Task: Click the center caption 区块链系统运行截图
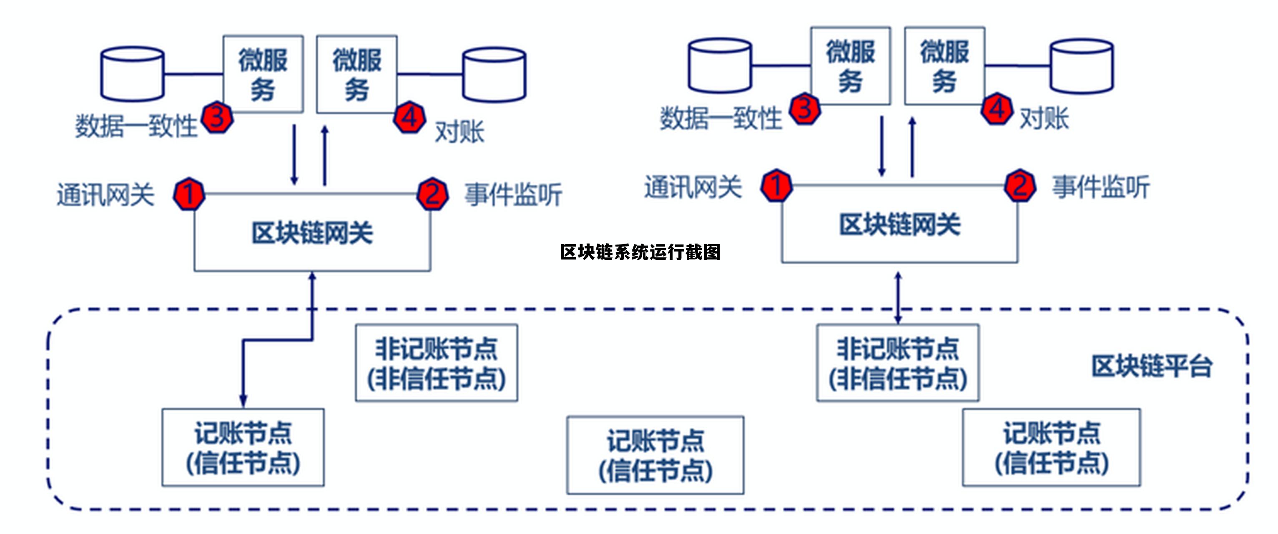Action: point(640,252)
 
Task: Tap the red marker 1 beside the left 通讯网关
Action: point(189,194)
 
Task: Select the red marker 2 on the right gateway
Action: point(1020,186)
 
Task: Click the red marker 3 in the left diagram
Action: point(217,117)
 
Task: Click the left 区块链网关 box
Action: point(312,233)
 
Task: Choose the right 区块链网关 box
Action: point(899,225)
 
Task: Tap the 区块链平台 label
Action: point(1152,366)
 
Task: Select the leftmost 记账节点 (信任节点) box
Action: point(243,448)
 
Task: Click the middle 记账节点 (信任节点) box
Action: point(655,455)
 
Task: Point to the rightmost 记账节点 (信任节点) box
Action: point(1051,448)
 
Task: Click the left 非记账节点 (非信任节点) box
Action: point(437,363)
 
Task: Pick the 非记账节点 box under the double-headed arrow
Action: point(898,363)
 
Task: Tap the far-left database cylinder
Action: point(133,74)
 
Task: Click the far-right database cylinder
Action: point(1082,66)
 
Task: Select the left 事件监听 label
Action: point(513,194)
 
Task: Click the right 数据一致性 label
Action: point(721,118)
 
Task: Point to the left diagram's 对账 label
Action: point(459,132)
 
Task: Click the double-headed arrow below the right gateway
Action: point(898,297)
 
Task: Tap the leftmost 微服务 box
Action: point(263,74)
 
